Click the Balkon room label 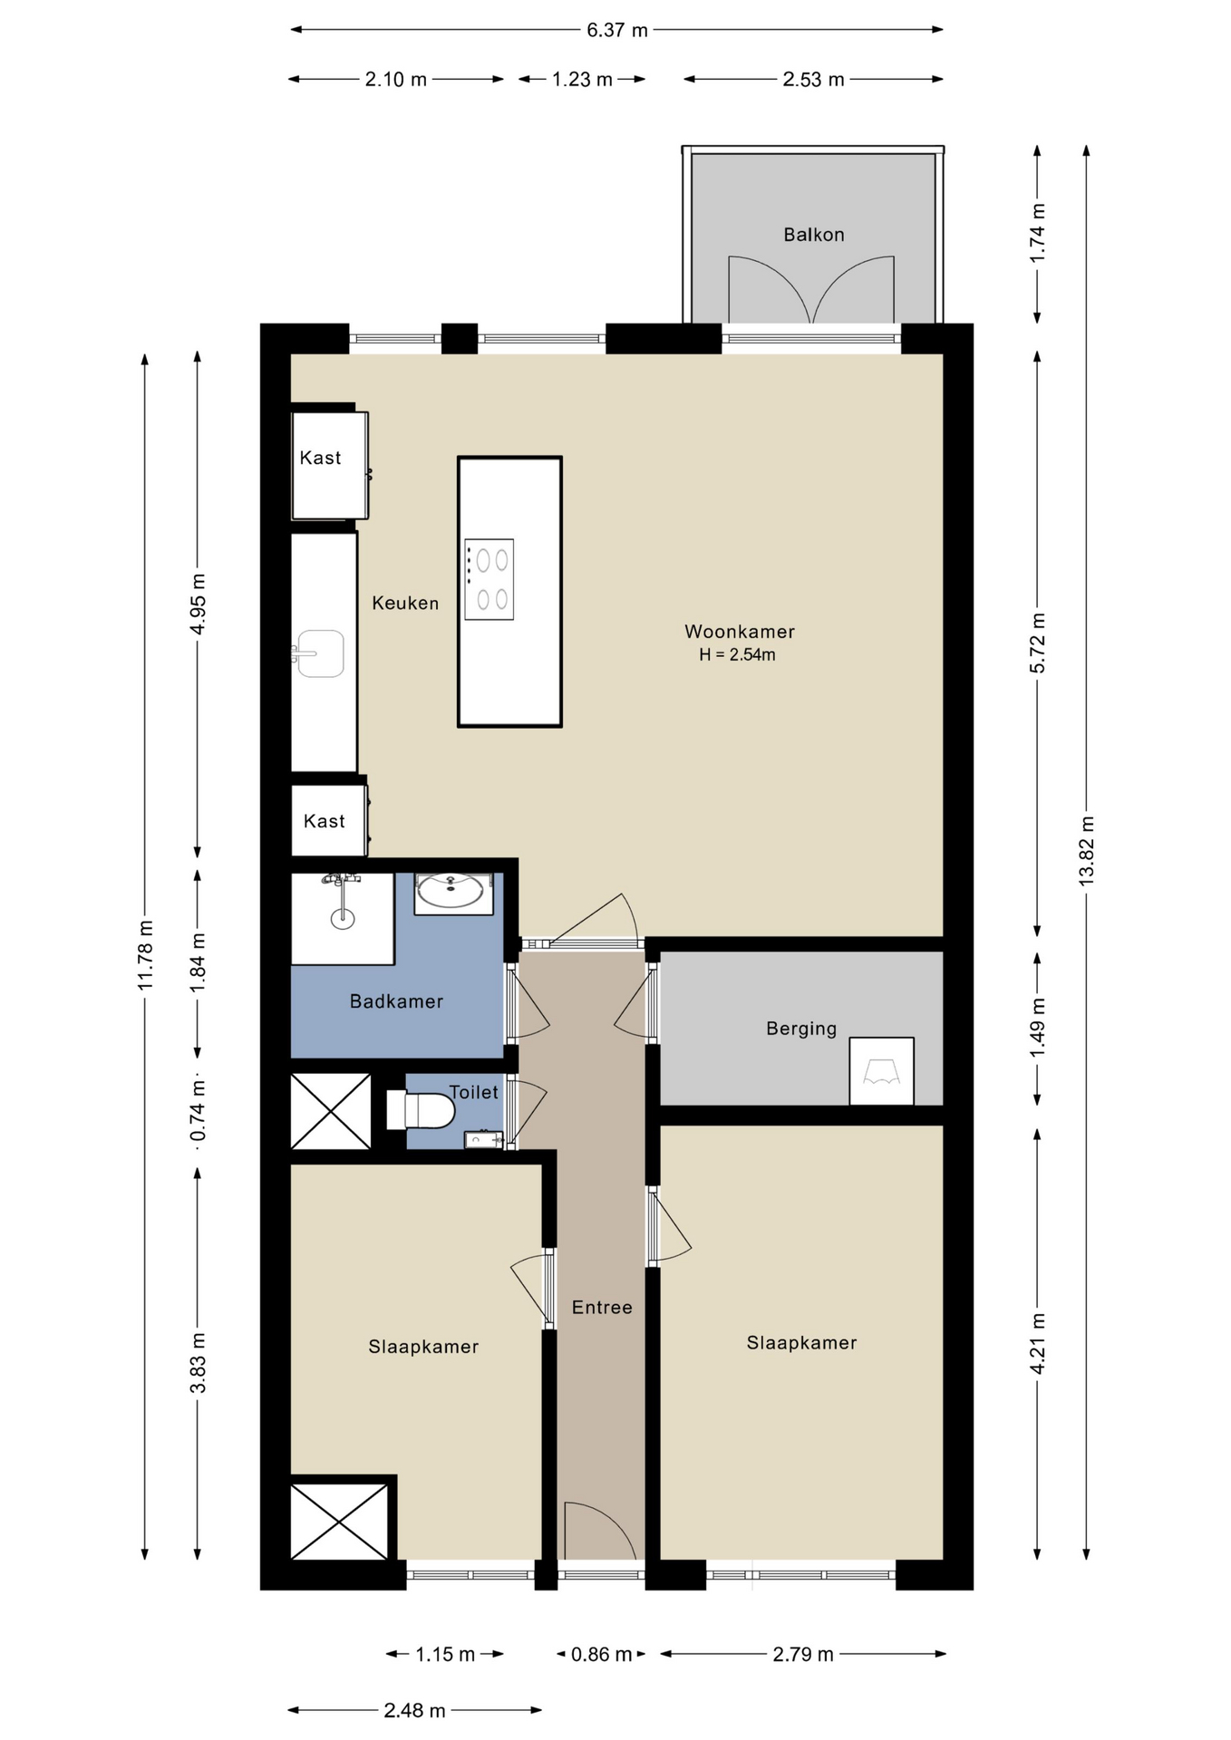click(x=813, y=235)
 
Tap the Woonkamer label click(x=739, y=632)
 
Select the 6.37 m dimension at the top click(x=616, y=30)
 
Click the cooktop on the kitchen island click(x=489, y=580)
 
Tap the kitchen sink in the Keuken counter click(x=318, y=653)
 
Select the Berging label click(x=801, y=1029)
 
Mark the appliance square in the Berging click(x=881, y=1071)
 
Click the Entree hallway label click(x=602, y=1307)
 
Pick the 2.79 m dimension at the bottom click(x=802, y=1654)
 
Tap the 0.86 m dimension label click(x=601, y=1654)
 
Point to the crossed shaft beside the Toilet click(x=331, y=1111)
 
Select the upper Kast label click(x=320, y=458)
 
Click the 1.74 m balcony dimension click(x=1038, y=234)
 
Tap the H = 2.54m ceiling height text click(x=737, y=655)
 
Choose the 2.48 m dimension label click(x=414, y=1710)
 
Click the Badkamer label click(x=396, y=1001)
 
